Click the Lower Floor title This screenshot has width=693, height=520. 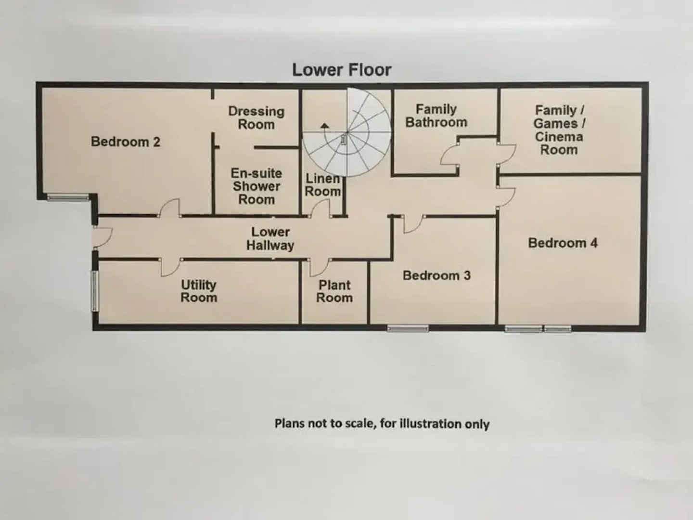coord(342,70)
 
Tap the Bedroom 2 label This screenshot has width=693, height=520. coord(125,142)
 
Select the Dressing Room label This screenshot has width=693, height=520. coord(256,118)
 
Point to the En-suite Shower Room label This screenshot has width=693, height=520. coord(256,186)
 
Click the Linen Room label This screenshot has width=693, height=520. coord(322,185)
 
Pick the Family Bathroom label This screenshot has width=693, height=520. coord(436,116)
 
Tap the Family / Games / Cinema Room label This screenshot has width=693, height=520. coord(559,130)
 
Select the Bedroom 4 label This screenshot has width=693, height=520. coord(563,243)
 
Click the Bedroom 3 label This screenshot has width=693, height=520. coord(436,276)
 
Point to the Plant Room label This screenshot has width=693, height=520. coord(334,291)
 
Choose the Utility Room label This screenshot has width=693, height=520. coord(199,291)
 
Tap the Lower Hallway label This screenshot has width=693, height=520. coord(270,239)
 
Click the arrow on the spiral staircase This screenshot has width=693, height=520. coord(325,126)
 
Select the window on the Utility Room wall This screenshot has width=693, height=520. coord(95,291)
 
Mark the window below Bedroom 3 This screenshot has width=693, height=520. coord(408,328)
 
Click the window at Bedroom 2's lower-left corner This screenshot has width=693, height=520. coord(68,196)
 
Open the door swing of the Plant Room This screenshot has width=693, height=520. coord(320,268)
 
